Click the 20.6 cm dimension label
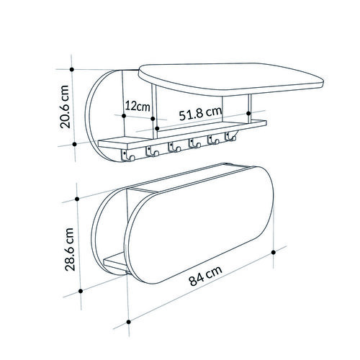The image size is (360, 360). point(65,107)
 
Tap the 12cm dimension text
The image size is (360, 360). point(138,106)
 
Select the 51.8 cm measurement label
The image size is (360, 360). point(200,113)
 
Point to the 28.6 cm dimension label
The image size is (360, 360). point(69,249)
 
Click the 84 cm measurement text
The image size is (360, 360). point(205,276)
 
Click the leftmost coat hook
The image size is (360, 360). point(128,155)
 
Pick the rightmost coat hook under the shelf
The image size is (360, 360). point(230,137)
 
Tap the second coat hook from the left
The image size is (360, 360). point(152,151)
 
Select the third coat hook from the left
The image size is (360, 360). point(174,147)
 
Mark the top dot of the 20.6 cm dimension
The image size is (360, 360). point(71,69)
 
